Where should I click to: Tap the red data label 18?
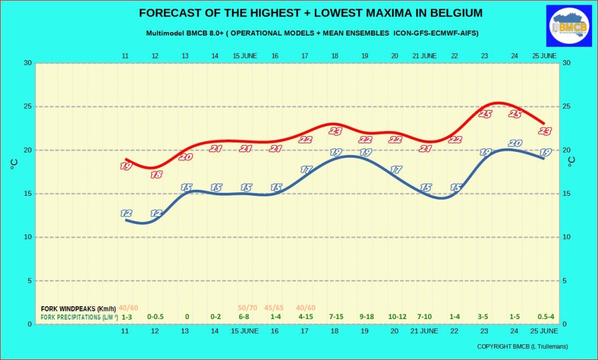click(x=156, y=174)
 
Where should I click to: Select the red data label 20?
click(x=186, y=157)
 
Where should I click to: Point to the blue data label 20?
click(x=515, y=143)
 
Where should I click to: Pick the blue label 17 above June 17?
click(x=306, y=169)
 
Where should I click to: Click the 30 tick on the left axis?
click(x=26, y=63)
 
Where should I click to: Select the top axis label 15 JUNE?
click(x=245, y=56)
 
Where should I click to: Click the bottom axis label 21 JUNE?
click(x=424, y=331)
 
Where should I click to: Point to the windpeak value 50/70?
click(x=247, y=308)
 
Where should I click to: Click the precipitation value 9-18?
click(x=367, y=317)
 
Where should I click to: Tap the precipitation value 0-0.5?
click(x=155, y=317)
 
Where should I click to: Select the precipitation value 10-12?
click(x=397, y=317)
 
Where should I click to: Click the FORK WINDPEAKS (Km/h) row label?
click(x=78, y=308)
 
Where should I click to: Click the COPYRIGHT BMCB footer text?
click(x=522, y=347)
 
